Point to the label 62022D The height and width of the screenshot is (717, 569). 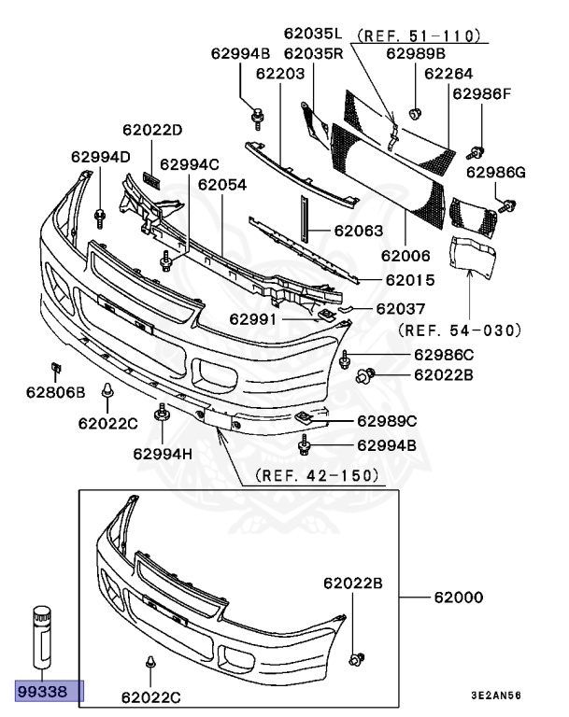(x=152, y=129)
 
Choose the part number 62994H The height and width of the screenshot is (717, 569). (x=162, y=455)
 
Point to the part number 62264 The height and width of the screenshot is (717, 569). (x=448, y=73)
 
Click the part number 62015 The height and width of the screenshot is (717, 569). (x=409, y=279)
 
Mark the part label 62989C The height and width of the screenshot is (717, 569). (x=387, y=420)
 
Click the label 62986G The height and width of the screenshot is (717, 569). (x=497, y=172)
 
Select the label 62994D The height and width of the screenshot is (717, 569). (x=99, y=156)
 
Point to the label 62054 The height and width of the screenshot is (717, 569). (x=222, y=185)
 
